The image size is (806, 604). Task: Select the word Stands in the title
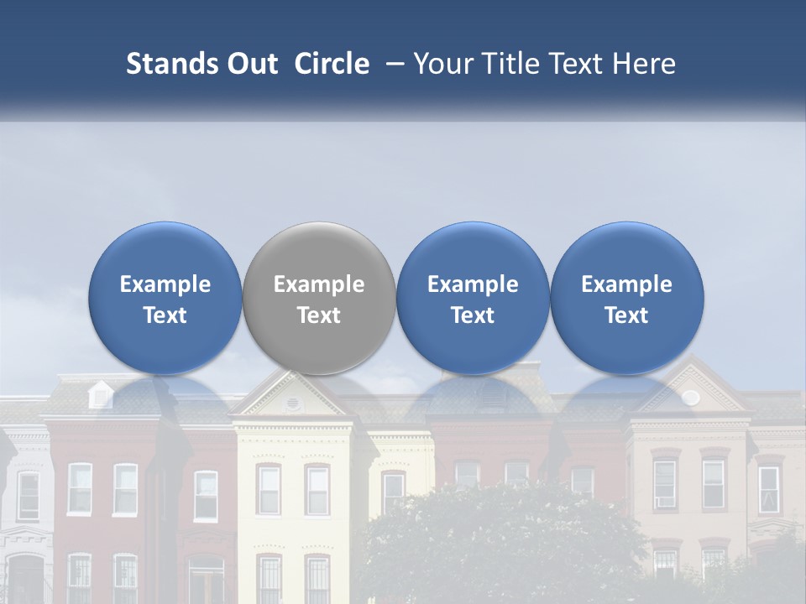pyautogui.click(x=171, y=64)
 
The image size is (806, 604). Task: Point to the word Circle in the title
pyautogui.click(x=332, y=64)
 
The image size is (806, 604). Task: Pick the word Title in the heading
pyautogui.click(x=508, y=64)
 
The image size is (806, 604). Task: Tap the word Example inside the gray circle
pyautogui.click(x=319, y=284)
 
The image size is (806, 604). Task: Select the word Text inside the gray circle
pyautogui.click(x=319, y=315)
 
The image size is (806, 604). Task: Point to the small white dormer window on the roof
pyautogui.click(x=100, y=393)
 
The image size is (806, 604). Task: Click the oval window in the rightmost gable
pyautogui.click(x=690, y=397)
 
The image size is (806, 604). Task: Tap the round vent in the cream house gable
pyautogui.click(x=292, y=403)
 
